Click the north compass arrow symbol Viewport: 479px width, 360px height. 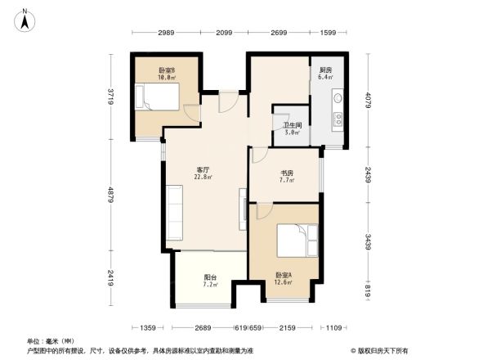click(26, 19)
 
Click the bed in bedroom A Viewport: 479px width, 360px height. click(293, 242)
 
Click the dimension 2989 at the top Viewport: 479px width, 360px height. click(166, 33)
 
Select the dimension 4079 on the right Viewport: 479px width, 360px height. click(369, 101)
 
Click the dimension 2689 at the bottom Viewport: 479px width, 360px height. click(204, 328)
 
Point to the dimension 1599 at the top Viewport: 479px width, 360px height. click(328, 33)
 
